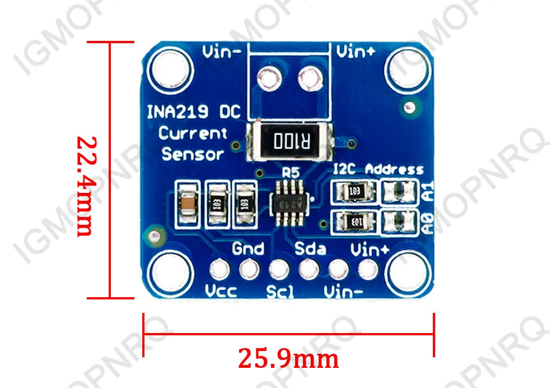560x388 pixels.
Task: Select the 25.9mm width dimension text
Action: coord(288,358)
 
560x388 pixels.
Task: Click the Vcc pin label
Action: coord(221,292)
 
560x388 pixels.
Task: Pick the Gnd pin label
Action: coord(248,248)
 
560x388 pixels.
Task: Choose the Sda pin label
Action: coord(310,248)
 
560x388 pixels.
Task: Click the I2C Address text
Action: coord(378,169)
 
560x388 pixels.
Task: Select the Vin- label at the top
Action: coord(222,53)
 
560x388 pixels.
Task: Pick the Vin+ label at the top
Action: coord(356,52)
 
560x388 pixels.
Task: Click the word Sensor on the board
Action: coord(193,154)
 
